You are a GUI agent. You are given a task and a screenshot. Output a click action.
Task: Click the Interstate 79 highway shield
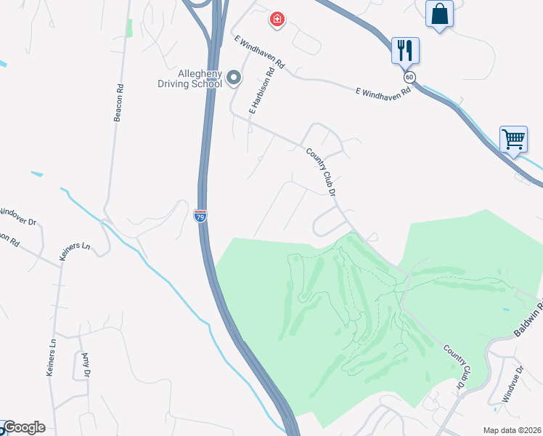coord(200,216)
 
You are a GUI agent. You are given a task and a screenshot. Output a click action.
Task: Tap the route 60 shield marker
coord(410,76)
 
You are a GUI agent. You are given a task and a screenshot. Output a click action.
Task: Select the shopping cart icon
coord(513,138)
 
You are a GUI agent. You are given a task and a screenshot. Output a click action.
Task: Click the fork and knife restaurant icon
coord(404,50)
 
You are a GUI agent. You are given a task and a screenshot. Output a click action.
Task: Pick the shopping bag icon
coord(439,14)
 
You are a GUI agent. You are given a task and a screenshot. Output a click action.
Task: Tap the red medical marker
coord(277,19)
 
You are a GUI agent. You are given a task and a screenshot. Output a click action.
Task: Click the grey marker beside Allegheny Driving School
coord(234,76)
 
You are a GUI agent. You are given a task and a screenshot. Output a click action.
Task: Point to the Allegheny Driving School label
coord(190,78)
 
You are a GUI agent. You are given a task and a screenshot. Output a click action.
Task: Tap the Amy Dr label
coord(86,363)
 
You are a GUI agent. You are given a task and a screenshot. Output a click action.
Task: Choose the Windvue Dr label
coord(513,384)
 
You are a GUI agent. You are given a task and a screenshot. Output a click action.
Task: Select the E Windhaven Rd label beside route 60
coord(383,91)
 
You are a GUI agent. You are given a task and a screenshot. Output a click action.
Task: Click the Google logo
coord(23,427)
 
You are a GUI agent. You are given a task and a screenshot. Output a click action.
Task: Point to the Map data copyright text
coord(512,430)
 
